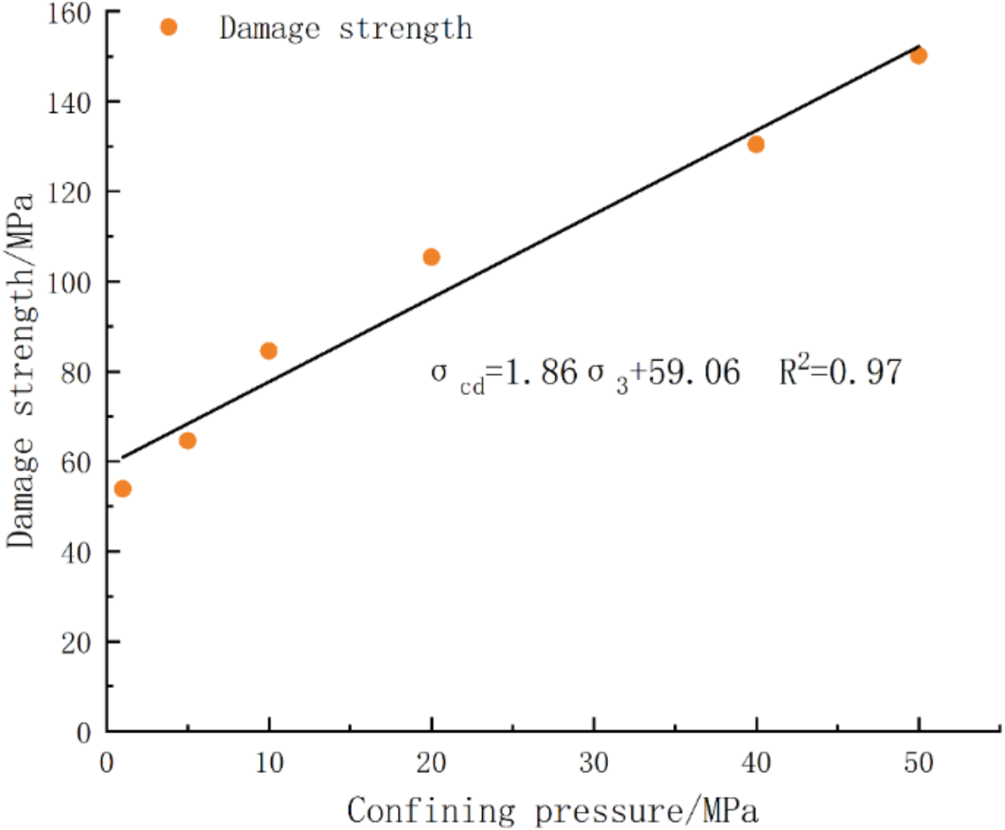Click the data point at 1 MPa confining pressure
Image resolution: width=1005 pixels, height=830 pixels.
coord(122,488)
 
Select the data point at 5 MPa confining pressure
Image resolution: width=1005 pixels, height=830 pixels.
coord(188,441)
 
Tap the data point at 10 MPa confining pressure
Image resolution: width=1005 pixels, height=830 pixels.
coord(269,350)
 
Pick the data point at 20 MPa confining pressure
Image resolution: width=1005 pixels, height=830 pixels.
coord(431,257)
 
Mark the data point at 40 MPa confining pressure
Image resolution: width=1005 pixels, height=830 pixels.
coord(756,144)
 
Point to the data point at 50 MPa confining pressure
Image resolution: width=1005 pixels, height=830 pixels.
coord(918,56)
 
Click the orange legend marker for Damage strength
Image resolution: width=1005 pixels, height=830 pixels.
coord(168,27)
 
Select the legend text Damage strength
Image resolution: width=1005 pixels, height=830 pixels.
coord(345,27)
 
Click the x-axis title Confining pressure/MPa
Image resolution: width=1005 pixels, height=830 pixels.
coord(553,808)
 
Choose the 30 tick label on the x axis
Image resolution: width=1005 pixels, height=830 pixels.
coord(593,760)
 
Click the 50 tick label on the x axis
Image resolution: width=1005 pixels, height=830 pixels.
coord(918,760)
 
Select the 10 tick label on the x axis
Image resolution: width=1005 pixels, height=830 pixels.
coord(269,760)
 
